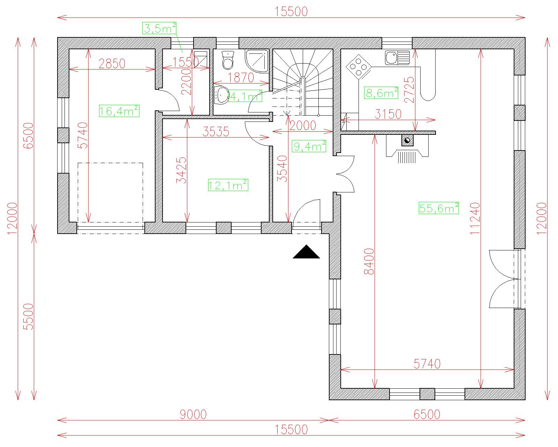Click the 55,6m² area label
coord(439,208)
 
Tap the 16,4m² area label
coord(119,111)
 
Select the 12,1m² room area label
coord(228,185)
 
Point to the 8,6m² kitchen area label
coord(381,93)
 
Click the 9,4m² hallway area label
coord(309,146)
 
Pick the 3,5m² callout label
coord(159,28)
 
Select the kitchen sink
coord(397,57)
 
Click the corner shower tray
coord(257,61)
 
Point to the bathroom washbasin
coord(221,95)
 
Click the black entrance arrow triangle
coord(306,252)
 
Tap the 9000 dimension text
coord(193,415)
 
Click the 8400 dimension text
coord(369,262)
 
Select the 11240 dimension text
coord(475,219)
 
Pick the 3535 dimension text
coord(216,132)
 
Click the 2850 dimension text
coord(112,63)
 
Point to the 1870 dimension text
coord(241,78)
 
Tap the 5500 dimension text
coord(29,317)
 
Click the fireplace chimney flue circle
coord(407,140)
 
